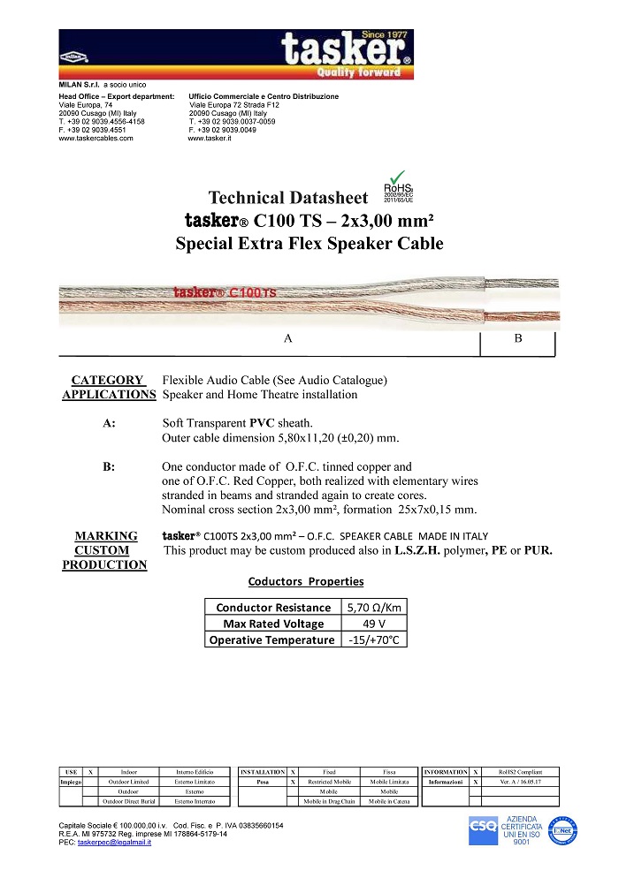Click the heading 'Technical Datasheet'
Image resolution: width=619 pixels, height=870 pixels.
click(284, 198)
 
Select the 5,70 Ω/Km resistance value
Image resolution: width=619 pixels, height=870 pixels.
click(374, 608)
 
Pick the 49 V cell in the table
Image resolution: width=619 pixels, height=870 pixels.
click(374, 624)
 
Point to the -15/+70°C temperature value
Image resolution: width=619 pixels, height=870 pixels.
click(374, 640)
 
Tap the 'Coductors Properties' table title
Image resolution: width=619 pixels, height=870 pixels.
click(306, 582)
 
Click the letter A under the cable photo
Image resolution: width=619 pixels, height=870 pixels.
click(287, 338)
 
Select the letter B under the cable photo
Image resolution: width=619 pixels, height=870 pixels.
click(518, 338)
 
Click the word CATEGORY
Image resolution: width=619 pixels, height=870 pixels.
click(107, 381)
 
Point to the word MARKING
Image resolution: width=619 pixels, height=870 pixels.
click(106, 536)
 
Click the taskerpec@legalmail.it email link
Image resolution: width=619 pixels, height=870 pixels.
click(114, 843)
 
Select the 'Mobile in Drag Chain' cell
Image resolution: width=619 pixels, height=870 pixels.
click(329, 802)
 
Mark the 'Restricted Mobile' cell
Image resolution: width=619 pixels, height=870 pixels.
click(329, 783)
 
